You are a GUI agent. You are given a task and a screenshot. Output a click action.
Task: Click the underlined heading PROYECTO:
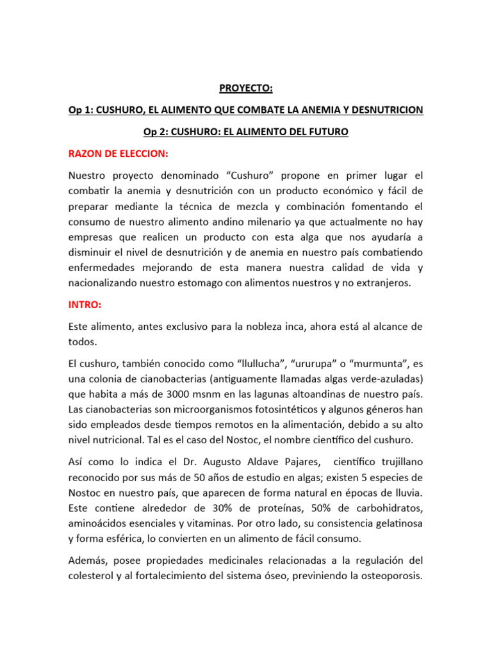245,88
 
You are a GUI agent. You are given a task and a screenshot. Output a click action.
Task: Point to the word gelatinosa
391,523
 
